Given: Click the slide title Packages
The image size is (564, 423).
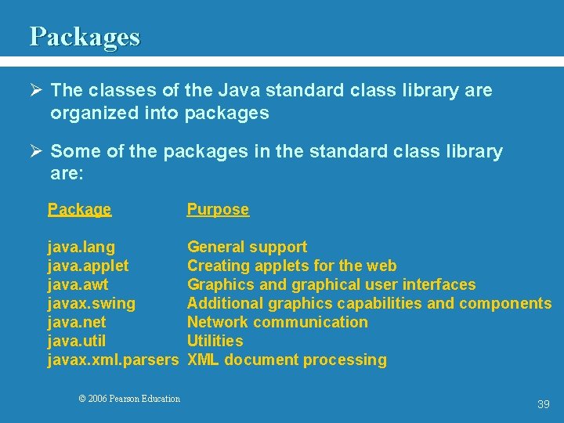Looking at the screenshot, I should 85,37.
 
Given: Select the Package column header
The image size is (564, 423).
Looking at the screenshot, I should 79,209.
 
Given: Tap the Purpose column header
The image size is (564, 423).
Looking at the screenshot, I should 218,209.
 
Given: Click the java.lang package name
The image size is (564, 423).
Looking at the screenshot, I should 81,248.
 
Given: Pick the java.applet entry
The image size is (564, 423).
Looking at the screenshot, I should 88,266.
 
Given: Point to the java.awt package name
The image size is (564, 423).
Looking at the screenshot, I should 78,285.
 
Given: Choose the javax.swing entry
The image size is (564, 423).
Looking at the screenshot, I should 91,304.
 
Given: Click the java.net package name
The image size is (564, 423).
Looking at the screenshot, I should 77,323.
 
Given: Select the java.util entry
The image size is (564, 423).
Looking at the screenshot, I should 77,342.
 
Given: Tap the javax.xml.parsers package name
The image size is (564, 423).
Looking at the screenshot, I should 114,360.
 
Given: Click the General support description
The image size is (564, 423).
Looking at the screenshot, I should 247,248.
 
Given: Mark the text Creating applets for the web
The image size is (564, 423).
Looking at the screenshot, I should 291,266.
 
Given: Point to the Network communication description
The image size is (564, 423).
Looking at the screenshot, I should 277,323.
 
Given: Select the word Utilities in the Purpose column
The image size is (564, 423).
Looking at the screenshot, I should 215,342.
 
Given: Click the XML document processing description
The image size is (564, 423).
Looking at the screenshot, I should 287,360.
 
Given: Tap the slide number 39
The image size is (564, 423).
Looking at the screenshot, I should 544,404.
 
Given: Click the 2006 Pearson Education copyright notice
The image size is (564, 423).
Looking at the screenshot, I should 129,399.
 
